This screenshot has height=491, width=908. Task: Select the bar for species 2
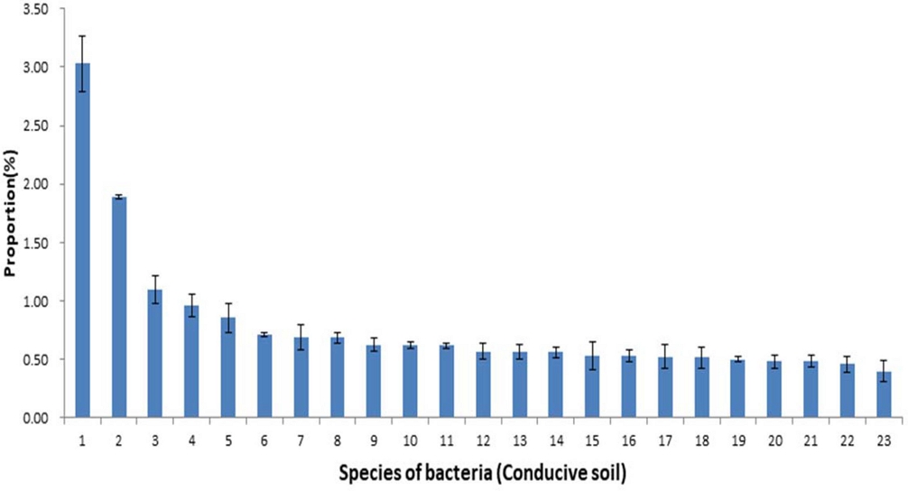tap(119, 307)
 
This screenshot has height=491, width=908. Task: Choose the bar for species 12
tap(483, 384)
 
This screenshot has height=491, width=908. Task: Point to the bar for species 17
tap(665, 387)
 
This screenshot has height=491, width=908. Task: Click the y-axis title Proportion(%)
tap(12, 213)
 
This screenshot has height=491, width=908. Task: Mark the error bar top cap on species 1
tap(82, 36)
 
